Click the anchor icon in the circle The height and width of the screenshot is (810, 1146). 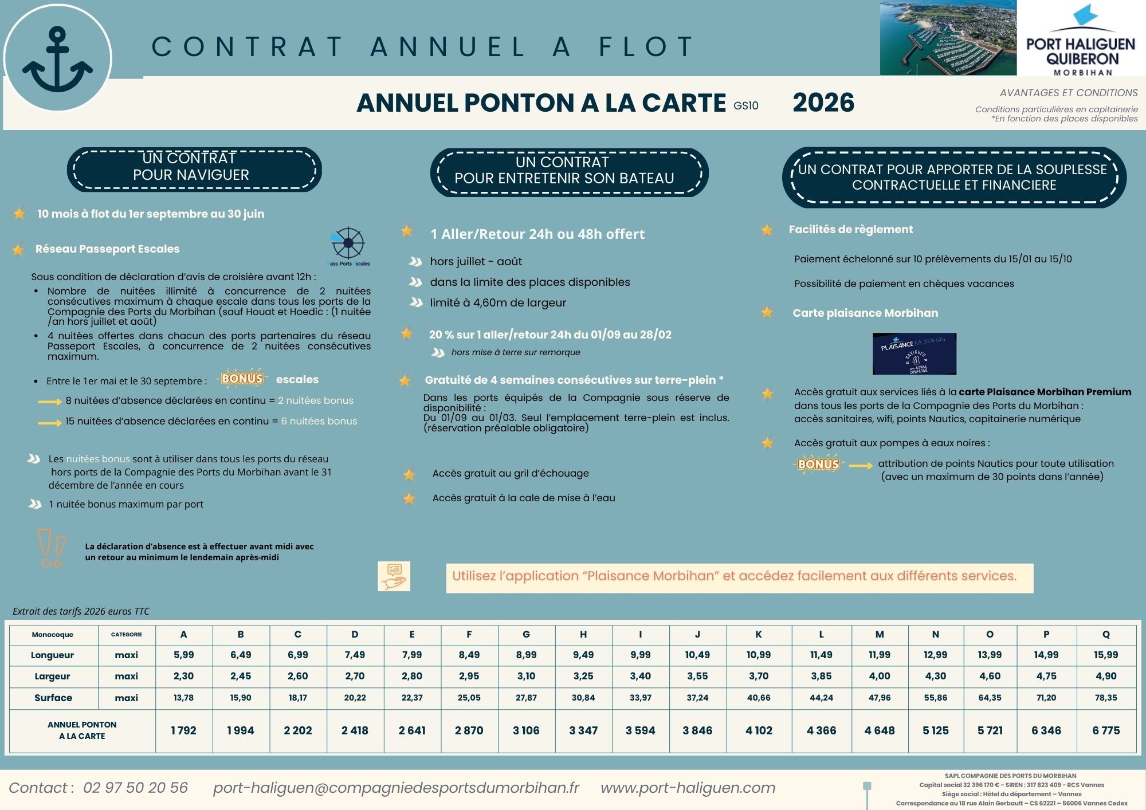point(57,60)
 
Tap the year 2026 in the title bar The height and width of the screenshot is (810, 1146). point(823,103)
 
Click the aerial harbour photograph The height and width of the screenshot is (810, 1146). point(948,38)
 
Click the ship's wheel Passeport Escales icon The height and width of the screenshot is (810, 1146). point(348,245)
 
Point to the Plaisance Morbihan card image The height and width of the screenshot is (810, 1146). point(914,353)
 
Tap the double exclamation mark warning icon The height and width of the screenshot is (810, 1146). point(51,548)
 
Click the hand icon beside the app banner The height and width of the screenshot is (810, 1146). point(394,576)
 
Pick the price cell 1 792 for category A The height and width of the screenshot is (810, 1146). point(183,730)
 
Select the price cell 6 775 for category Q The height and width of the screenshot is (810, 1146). point(1106,730)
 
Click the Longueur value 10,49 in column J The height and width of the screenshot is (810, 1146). point(697,655)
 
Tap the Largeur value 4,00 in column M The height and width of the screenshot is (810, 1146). point(880,676)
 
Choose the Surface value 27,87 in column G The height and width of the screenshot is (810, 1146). point(526,698)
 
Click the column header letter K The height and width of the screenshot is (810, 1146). point(759,634)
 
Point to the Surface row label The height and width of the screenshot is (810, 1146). point(53,698)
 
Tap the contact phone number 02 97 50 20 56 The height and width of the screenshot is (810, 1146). point(135,788)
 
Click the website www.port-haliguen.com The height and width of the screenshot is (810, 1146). point(688,788)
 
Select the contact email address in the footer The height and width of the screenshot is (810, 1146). point(396,788)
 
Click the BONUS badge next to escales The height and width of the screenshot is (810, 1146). point(242,379)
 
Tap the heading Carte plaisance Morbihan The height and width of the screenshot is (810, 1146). point(865,313)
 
